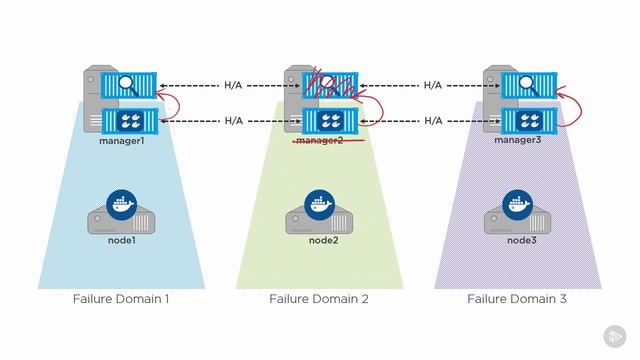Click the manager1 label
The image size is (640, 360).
(121, 141)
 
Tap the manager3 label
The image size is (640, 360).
(518, 141)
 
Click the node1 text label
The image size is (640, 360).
(121, 240)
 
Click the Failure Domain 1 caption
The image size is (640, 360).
(121, 299)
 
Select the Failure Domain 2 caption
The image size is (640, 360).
(319, 299)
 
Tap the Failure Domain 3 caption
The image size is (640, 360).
(518, 299)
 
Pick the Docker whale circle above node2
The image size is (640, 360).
(319, 203)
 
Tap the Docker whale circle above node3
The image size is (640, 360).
(518, 203)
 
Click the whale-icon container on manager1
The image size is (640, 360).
(131, 121)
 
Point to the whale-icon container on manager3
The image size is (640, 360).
(529, 121)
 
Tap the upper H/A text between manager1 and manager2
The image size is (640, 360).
(233, 86)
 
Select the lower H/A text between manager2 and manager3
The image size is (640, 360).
(432, 121)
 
